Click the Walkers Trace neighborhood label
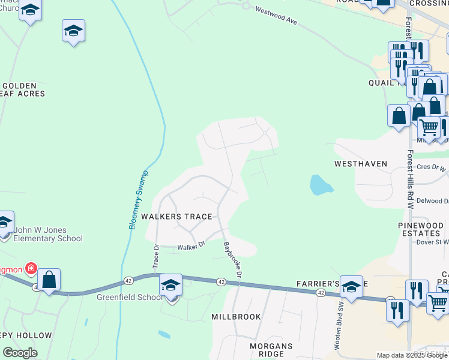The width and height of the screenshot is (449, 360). point(176,217)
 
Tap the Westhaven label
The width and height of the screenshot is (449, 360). point(361,164)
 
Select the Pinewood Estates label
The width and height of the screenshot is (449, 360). point(421,230)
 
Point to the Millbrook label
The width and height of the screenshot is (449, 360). point(236,316)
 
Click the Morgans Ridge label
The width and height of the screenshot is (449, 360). point(272,350)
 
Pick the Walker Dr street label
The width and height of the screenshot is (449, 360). point(191,245)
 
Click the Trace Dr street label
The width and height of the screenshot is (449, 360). point(155,255)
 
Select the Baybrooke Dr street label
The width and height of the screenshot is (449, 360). point(232,259)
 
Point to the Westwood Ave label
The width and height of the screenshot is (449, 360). point(276,16)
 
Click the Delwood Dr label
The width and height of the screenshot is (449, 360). point(430,200)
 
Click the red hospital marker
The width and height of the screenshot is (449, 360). point(30,268)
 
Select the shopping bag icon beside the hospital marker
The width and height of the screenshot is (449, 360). point(49,279)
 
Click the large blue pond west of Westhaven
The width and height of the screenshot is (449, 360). point(321,185)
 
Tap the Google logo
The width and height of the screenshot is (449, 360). point(20,353)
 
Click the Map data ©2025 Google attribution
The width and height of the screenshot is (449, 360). point(412,355)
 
